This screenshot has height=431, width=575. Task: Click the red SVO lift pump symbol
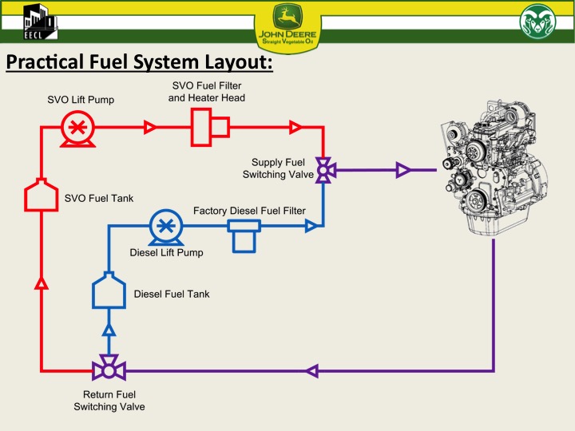(x=77, y=128)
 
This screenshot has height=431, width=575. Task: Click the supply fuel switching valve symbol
(x=323, y=170)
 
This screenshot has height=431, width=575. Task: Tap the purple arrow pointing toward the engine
(x=402, y=169)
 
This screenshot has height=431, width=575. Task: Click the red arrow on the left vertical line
(x=42, y=282)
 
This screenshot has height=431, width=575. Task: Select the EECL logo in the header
(x=38, y=22)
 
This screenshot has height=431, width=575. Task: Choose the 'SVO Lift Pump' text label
(x=80, y=100)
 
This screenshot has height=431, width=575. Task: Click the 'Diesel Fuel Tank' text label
(x=172, y=295)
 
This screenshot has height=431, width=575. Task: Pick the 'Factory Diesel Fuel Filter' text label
(x=249, y=211)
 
